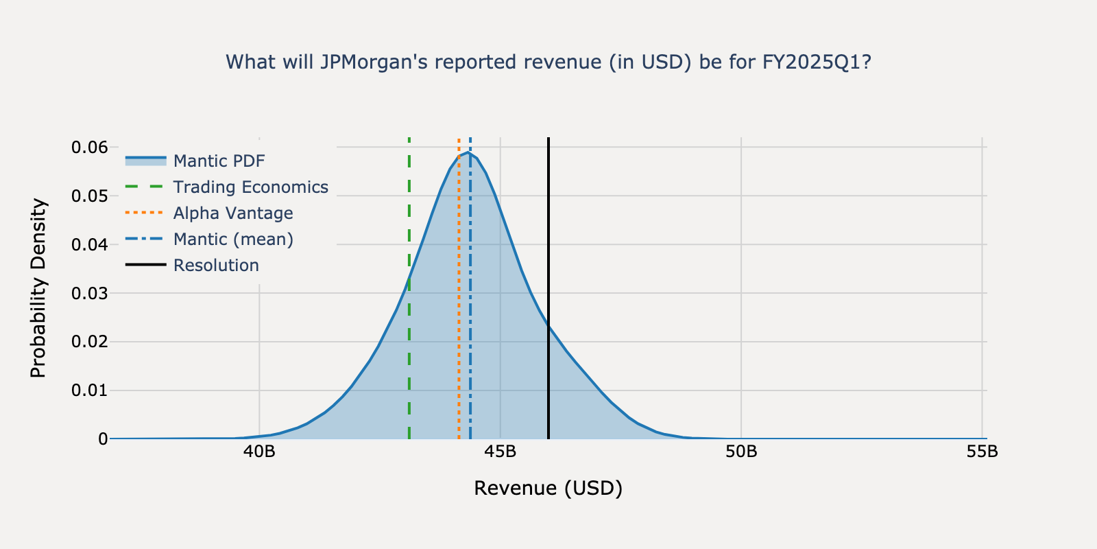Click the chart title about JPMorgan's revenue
548,62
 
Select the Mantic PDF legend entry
219,161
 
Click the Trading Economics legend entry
250,187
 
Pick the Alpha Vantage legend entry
232,213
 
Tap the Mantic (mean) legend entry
233,240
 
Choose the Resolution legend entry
216,266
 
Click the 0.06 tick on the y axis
90,148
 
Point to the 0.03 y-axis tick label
90,294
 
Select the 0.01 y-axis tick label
90,391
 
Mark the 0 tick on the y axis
103,439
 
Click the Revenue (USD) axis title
548,488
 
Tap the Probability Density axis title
39,288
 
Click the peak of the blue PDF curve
468,152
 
